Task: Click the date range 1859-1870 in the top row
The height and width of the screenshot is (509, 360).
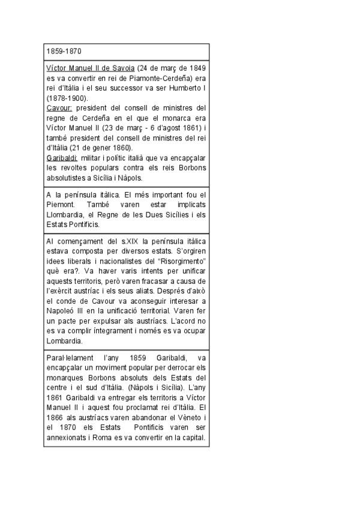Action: click(64, 51)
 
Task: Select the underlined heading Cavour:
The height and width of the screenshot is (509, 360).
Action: click(59, 108)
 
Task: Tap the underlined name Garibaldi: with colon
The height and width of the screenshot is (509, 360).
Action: click(62, 157)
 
